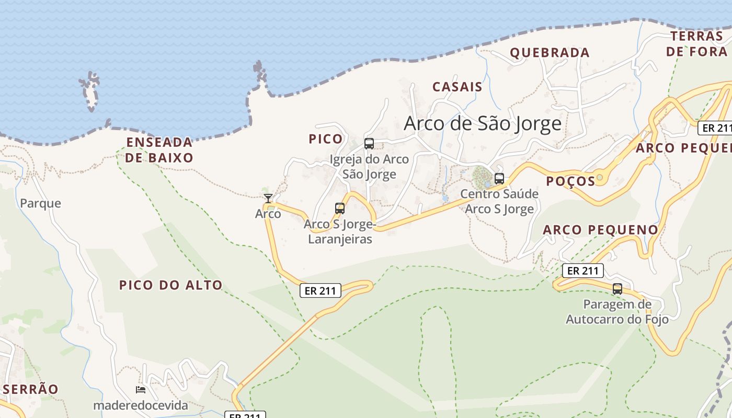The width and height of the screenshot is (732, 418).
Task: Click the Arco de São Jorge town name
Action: (x=483, y=123)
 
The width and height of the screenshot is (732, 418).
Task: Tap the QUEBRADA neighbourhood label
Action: (x=550, y=53)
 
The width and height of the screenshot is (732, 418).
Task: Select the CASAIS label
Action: (x=457, y=87)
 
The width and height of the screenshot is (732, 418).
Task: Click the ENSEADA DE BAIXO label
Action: (x=159, y=150)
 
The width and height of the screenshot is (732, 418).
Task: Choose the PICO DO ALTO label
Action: (x=171, y=285)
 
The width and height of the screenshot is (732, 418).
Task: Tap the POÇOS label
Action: (x=570, y=181)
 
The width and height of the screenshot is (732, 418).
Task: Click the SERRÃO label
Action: (x=30, y=389)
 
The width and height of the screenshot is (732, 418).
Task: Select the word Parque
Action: (x=40, y=203)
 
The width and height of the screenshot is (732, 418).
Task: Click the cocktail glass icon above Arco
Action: (x=268, y=198)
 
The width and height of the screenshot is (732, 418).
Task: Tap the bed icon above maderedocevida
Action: (x=140, y=390)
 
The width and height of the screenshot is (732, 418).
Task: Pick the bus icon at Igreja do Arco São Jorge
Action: (x=369, y=143)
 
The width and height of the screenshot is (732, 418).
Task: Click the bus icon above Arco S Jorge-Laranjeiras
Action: (x=340, y=208)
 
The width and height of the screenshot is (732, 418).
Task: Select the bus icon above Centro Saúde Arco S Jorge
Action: (x=499, y=178)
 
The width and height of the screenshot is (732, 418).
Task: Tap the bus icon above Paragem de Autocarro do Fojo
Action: (x=617, y=288)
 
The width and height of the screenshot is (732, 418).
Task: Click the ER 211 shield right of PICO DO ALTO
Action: (x=320, y=291)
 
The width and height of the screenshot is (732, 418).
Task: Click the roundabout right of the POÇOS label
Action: (x=600, y=178)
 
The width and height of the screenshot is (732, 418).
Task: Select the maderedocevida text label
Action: (x=140, y=405)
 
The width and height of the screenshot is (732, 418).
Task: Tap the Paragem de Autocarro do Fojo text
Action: (x=617, y=311)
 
